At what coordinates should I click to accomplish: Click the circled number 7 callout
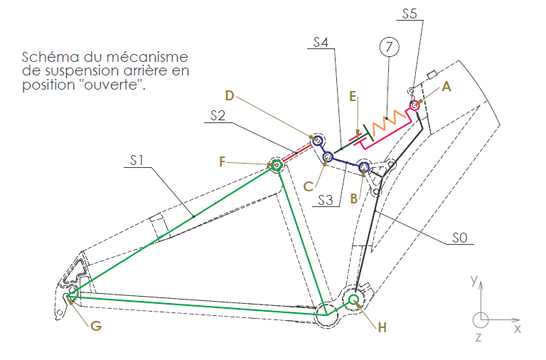click(389, 47)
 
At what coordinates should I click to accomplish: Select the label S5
click(409, 14)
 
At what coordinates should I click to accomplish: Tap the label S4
click(321, 42)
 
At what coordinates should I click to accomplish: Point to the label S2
click(218, 115)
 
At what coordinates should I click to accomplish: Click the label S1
click(136, 160)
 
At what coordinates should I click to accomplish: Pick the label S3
click(326, 200)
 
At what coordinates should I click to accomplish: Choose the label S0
click(460, 238)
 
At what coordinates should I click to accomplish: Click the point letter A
click(446, 86)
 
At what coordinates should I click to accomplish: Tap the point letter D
click(229, 95)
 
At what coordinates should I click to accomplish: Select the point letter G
click(96, 326)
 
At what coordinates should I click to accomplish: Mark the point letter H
click(382, 327)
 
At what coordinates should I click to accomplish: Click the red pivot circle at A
click(414, 105)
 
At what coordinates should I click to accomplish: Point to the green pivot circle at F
click(277, 165)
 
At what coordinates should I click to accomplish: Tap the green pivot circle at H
click(354, 299)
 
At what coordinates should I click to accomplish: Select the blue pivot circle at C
click(328, 157)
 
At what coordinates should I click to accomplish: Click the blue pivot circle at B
click(364, 167)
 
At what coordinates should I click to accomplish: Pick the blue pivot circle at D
click(318, 141)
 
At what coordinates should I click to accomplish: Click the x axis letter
click(518, 329)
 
